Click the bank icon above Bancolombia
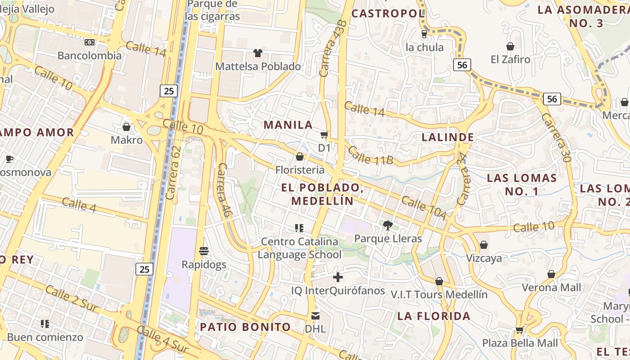[x=90, y=42]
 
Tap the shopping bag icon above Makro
[x=126, y=127]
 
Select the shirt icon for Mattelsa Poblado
[x=257, y=53]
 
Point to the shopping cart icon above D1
[x=324, y=135]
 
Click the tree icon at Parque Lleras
[x=387, y=225]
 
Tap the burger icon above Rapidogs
[x=204, y=251]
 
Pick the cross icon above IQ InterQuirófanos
[x=338, y=277]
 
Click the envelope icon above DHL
[x=315, y=315]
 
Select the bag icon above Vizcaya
[x=484, y=245]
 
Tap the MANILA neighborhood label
[x=288, y=125]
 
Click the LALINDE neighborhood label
[x=448, y=137]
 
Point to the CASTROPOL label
[x=388, y=13]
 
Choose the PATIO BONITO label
[x=245, y=327]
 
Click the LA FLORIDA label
[x=434, y=316]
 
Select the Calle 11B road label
[x=371, y=155]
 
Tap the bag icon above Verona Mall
[x=551, y=274]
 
